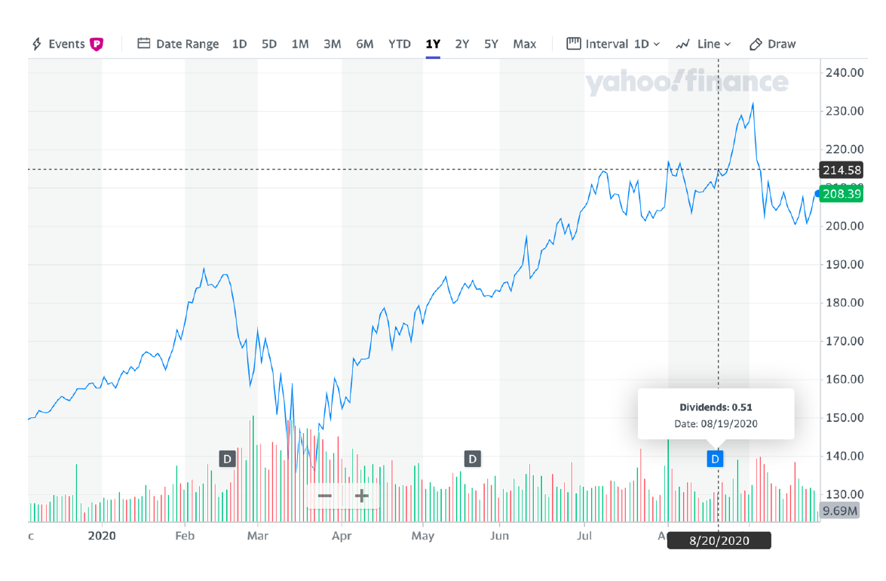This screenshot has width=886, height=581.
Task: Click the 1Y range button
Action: tap(433, 44)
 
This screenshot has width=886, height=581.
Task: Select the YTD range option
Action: tap(399, 44)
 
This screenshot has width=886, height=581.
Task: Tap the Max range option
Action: tap(524, 44)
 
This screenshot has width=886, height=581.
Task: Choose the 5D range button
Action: tap(269, 44)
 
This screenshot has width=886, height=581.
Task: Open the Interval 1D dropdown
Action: tap(613, 44)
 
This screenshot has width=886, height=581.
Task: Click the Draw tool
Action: tap(772, 44)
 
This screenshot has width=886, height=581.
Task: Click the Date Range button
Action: tap(178, 44)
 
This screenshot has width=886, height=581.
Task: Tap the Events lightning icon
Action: tap(37, 44)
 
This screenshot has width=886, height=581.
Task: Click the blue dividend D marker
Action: tap(716, 458)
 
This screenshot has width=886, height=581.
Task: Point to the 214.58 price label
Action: tap(842, 170)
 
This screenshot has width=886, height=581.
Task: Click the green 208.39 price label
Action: tap(842, 194)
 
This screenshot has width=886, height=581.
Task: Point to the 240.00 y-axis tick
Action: tap(845, 72)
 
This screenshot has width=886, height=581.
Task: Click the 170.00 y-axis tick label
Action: tap(845, 341)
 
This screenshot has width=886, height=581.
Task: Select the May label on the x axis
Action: tap(423, 536)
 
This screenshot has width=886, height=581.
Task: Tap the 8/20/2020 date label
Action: tap(719, 541)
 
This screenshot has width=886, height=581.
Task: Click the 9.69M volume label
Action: tap(840, 511)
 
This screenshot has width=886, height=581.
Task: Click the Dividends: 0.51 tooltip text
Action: tap(716, 407)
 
